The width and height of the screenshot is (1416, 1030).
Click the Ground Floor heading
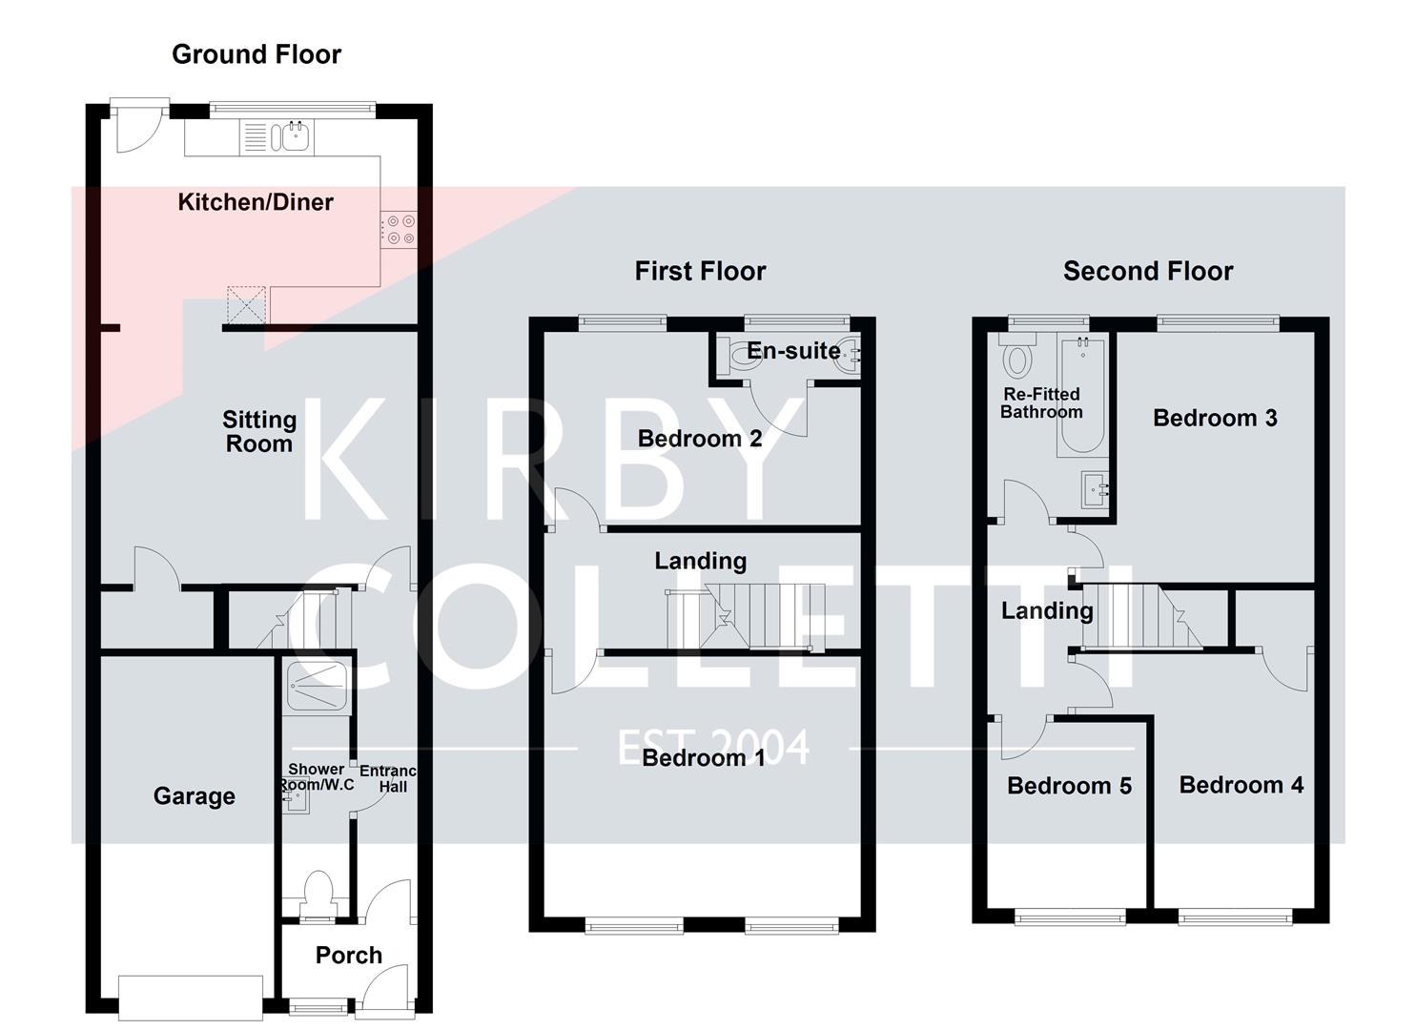coord(256,54)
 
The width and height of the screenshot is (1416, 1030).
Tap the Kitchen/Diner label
coord(256,202)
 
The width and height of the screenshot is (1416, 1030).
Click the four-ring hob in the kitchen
coord(400,230)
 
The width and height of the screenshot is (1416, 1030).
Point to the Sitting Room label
coord(259,432)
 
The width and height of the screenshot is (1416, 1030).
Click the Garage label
coord(194,796)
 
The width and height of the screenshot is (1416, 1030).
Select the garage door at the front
coord(190,998)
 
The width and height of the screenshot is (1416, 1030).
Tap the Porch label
coord(348,955)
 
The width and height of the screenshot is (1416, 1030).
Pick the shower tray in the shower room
coord(317,686)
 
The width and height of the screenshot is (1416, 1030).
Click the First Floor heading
coord(700,271)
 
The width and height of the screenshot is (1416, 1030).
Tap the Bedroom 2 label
coord(699,439)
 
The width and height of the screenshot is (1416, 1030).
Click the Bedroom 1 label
coord(703,758)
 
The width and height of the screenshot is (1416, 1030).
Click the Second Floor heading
coord(1147,271)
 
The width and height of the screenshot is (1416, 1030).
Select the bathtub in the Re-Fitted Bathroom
coord(1080,396)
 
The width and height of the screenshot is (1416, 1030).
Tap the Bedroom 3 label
coord(1214,418)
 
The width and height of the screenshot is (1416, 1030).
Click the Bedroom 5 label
coord(1069,786)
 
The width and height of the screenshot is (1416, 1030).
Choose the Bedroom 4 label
coord(1241,785)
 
